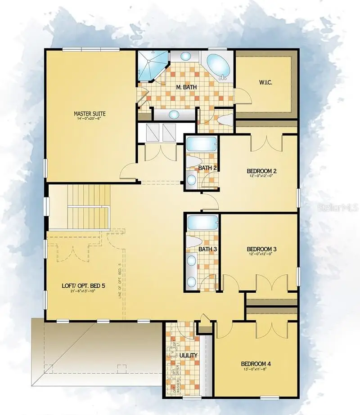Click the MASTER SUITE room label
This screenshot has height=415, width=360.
tap(90, 114)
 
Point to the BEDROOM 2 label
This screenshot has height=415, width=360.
tap(261, 171)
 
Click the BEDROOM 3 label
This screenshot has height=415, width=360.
tap(261, 249)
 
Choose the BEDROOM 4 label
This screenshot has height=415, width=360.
tap(256, 364)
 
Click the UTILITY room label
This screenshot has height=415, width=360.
tap(189, 355)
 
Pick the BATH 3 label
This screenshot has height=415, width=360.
tap(208, 249)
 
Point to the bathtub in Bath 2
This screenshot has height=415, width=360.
tap(202, 145)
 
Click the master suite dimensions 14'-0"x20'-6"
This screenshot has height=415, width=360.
tap(90, 119)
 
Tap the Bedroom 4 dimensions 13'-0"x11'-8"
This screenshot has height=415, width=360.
tap(256, 370)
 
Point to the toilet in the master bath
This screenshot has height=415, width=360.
tap(224, 120)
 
